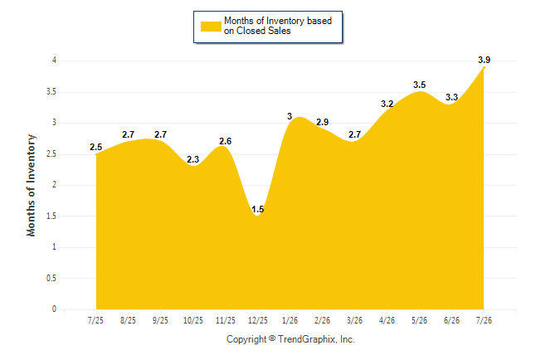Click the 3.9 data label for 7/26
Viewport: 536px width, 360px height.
click(x=484, y=61)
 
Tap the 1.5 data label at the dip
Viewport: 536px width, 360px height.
click(x=257, y=209)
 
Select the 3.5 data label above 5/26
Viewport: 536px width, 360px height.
click(x=419, y=85)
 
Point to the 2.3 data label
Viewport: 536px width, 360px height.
click(x=192, y=159)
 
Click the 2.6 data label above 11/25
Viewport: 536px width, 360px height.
click(x=226, y=141)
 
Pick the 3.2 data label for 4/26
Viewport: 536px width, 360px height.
click(x=387, y=104)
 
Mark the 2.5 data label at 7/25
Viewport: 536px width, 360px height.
click(x=95, y=147)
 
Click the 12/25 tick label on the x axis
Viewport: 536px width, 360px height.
click(x=258, y=320)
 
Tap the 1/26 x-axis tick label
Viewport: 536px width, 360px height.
click(x=290, y=320)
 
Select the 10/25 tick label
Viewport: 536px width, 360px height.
click(x=193, y=320)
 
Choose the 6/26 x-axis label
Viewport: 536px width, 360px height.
click(x=451, y=320)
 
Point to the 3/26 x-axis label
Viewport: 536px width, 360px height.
click(x=354, y=320)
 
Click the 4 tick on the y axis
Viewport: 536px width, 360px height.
click(x=54, y=61)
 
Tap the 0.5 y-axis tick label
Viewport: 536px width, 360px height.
click(x=51, y=278)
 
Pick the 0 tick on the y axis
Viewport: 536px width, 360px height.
click(x=54, y=309)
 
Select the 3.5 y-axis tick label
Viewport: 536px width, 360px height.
click(x=51, y=91)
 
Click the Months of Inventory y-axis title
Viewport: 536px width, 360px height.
click(x=31, y=185)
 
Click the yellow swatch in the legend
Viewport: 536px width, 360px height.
click(x=211, y=27)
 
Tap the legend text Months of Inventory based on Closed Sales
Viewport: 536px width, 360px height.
click(x=278, y=26)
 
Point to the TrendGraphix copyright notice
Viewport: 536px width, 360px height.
click(x=290, y=339)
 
